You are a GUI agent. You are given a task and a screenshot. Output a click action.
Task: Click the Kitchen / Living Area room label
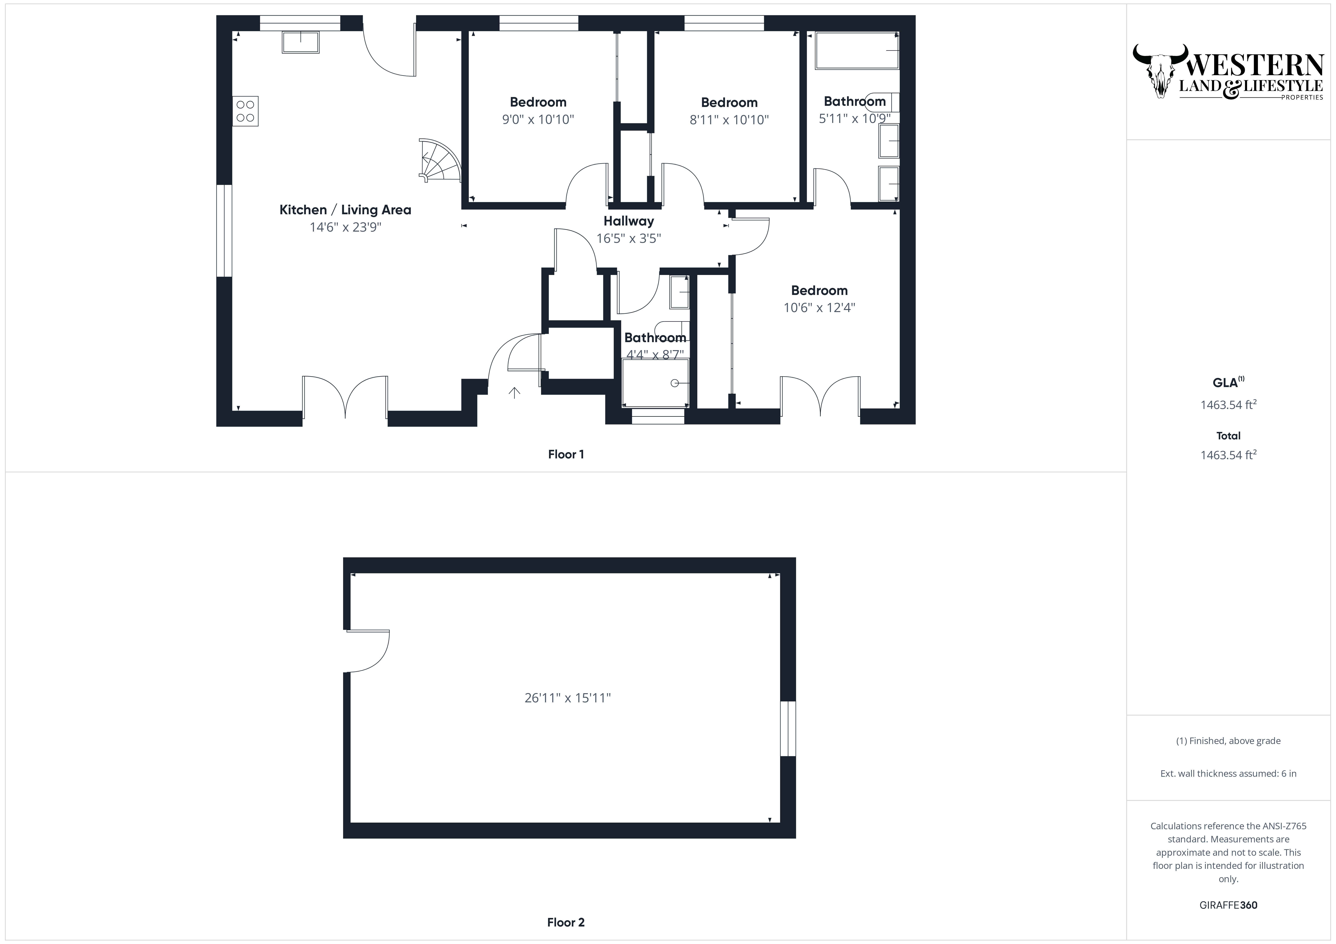pyautogui.click(x=345, y=210)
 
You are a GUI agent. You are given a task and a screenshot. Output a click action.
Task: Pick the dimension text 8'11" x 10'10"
pyautogui.click(x=729, y=120)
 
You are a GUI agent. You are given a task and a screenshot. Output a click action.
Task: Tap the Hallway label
pyautogui.click(x=628, y=221)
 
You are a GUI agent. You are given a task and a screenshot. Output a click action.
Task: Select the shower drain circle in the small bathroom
pyautogui.click(x=674, y=383)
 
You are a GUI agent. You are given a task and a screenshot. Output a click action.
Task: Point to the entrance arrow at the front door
pyautogui.click(x=514, y=393)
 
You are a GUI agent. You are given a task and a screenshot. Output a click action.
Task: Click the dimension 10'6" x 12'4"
pyautogui.click(x=819, y=308)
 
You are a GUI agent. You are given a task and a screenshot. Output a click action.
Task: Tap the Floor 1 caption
pyautogui.click(x=566, y=454)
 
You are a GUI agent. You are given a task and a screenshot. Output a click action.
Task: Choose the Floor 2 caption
pyautogui.click(x=566, y=922)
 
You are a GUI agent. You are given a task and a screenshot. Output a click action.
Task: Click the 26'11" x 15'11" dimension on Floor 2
pyautogui.click(x=567, y=698)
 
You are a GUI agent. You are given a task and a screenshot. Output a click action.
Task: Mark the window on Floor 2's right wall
pyautogui.click(x=788, y=728)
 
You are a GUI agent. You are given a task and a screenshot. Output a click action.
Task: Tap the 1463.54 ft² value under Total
pyautogui.click(x=1228, y=455)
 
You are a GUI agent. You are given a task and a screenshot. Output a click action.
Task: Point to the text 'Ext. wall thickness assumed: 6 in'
pyautogui.click(x=1228, y=774)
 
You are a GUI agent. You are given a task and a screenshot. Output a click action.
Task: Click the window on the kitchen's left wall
pyautogui.click(x=225, y=231)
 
